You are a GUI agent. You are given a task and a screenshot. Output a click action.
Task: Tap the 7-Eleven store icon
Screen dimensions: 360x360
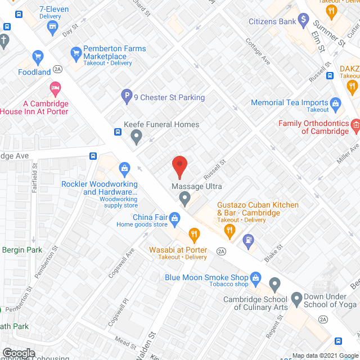click(x=53, y=26)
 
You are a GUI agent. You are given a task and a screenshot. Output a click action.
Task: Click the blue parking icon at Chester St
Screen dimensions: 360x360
click(x=127, y=97)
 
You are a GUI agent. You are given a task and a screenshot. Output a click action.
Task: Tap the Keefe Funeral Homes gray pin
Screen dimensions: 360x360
click(x=136, y=136)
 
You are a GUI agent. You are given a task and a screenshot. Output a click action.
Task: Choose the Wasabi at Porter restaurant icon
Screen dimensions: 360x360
click(x=194, y=233)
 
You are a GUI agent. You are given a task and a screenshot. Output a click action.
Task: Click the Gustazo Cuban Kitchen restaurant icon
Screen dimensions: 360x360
click(x=229, y=229)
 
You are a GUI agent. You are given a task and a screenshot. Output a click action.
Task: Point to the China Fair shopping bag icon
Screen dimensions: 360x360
click(x=175, y=217)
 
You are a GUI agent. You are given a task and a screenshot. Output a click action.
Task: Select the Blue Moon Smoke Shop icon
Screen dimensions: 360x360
click(x=256, y=277)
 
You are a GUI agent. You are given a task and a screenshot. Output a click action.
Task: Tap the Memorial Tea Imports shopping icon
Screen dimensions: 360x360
click(x=336, y=103)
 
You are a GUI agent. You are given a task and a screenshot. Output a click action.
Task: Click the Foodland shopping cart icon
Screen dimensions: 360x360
click(x=38, y=56)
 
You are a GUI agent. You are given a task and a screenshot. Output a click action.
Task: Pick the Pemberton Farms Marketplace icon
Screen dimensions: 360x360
click(x=76, y=54)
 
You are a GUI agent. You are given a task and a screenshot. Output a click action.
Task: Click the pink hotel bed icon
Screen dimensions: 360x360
click(x=55, y=88)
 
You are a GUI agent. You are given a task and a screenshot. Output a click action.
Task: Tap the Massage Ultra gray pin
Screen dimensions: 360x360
click(x=184, y=197)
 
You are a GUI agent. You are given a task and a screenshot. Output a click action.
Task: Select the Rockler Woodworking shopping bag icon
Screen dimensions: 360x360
click(x=124, y=167)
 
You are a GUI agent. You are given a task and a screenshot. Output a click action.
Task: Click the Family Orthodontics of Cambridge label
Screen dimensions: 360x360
click(x=314, y=127)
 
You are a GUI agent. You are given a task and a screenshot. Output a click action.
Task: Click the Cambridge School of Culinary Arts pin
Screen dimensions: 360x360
click(x=274, y=283)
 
